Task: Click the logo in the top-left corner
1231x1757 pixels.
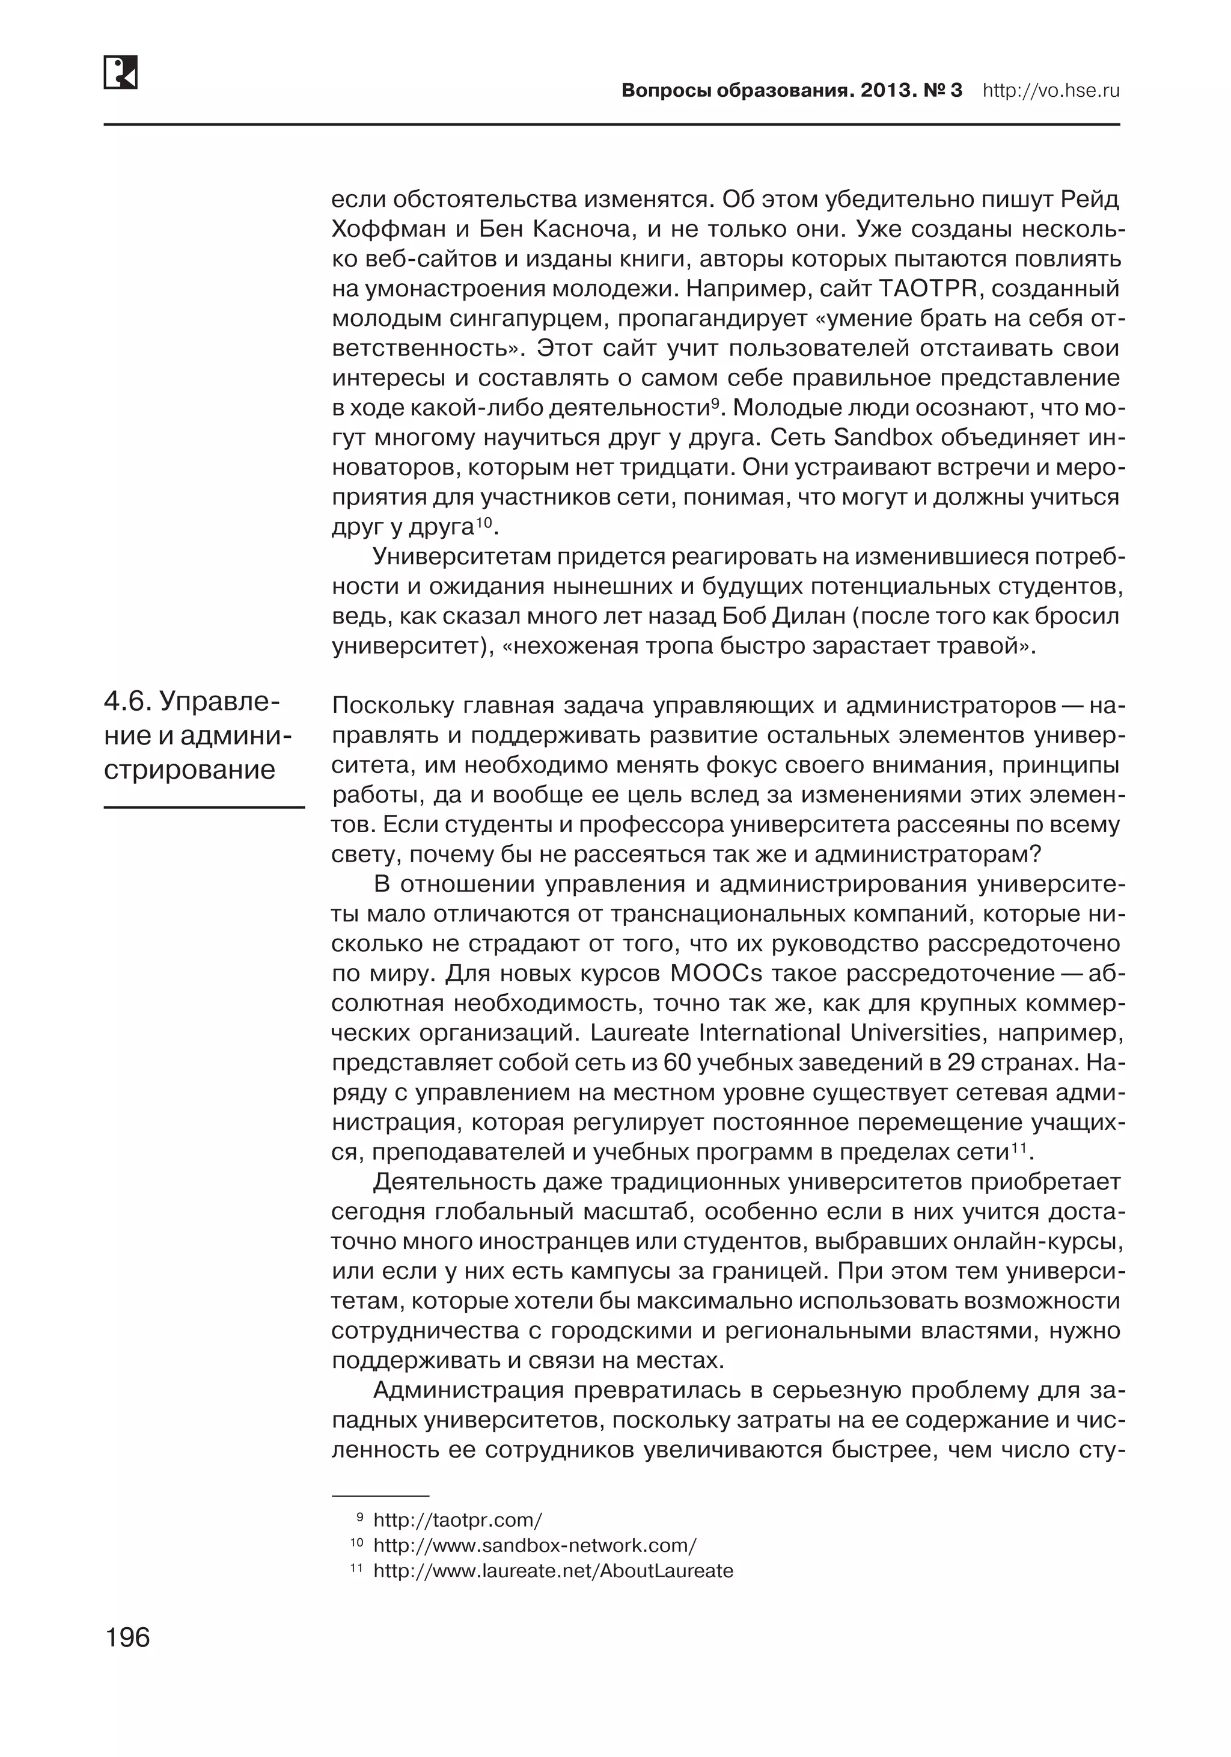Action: [120, 72]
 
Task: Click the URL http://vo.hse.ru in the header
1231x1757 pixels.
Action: [1051, 91]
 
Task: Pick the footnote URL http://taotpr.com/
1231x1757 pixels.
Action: [457, 1519]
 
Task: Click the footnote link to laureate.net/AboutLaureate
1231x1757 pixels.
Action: [553, 1571]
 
